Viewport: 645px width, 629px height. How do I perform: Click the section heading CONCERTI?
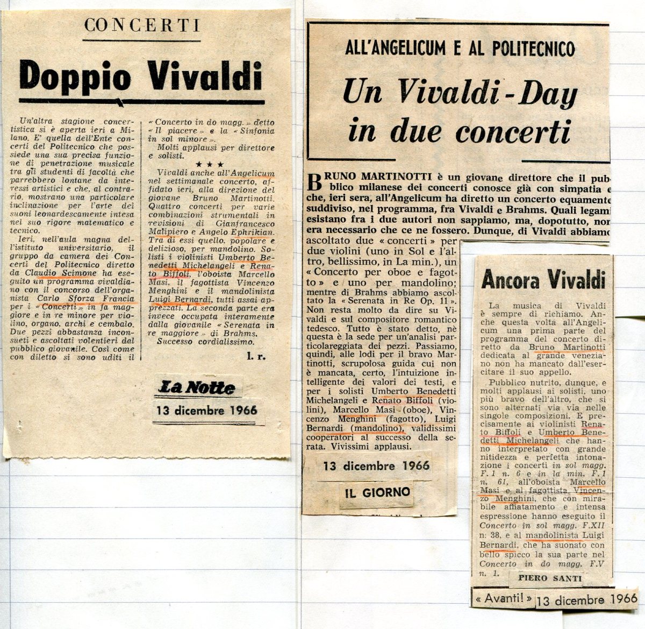[142, 25]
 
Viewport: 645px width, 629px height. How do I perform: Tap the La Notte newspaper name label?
[196, 387]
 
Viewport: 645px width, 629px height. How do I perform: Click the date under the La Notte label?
[206, 411]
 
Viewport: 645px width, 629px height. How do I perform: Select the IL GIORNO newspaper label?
[378, 491]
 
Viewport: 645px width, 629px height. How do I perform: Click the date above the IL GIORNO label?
[376, 465]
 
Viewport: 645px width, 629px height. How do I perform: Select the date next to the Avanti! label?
[586, 599]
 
